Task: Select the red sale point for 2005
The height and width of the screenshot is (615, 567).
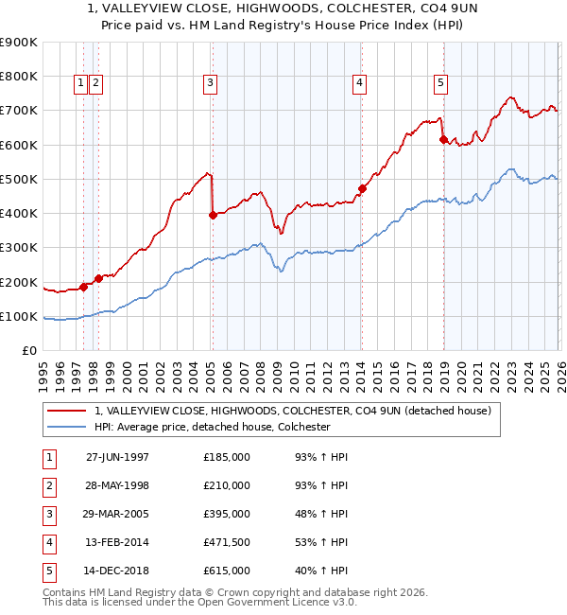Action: (x=213, y=215)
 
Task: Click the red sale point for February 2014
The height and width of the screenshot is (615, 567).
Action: (x=361, y=188)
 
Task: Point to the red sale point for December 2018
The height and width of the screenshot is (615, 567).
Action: (x=442, y=139)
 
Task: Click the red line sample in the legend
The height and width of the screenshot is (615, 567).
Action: (x=66, y=412)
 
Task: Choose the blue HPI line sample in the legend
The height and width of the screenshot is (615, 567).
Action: (x=66, y=428)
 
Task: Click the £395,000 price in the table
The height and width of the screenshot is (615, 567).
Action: (x=227, y=514)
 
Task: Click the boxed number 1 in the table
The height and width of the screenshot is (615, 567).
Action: (x=47, y=457)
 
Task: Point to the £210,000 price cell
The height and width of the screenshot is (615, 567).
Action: (x=227, y=485)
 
